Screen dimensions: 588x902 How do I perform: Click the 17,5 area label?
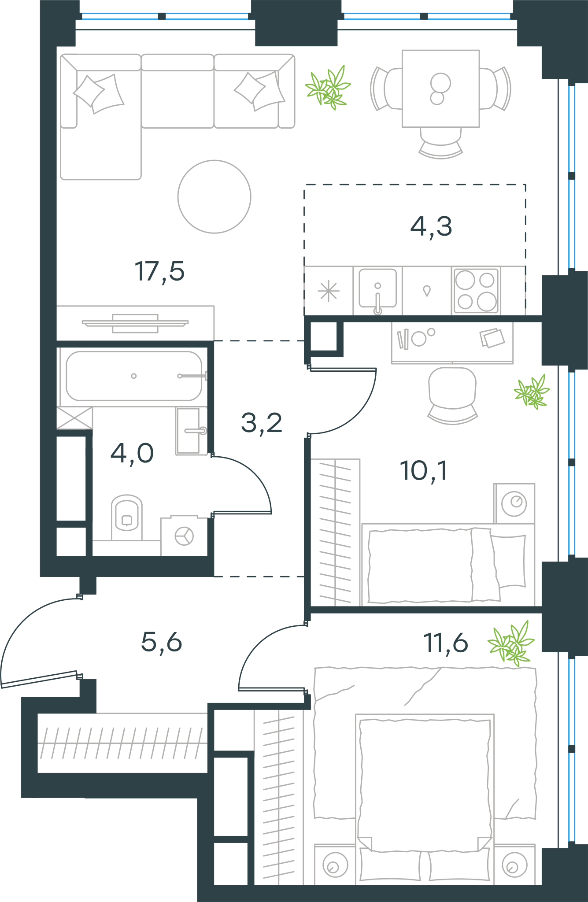(159, 272)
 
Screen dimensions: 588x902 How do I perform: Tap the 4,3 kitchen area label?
(431, 227)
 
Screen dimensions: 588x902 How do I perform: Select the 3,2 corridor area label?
(262, 423)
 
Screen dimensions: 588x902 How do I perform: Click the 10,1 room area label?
(424, 471)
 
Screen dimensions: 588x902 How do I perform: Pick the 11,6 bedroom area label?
(446, 643)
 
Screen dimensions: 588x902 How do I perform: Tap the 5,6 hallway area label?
(161, 642)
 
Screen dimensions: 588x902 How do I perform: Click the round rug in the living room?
(214, 196)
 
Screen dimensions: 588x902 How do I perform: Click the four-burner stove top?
(476, 291)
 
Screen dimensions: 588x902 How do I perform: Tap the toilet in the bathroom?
(127, 518)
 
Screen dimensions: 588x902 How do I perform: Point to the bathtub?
(134, 376)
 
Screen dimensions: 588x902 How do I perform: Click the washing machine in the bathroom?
(184, 536)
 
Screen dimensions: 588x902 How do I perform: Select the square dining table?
(440, 89)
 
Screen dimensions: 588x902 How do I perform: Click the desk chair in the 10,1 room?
(453, 396)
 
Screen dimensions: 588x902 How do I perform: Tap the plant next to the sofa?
(328, 88)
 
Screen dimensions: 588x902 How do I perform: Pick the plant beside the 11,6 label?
(511, 643)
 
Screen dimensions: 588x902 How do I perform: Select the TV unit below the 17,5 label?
(135, 323)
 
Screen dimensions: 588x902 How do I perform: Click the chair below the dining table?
(440, 143)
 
